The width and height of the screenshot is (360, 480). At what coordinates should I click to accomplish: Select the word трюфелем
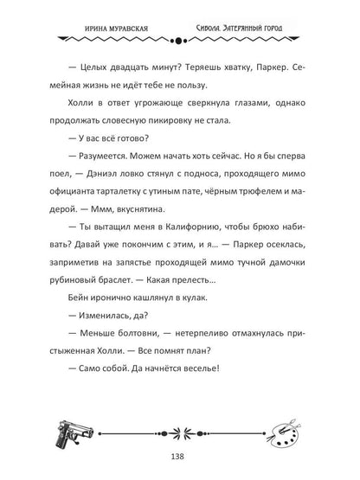click(x=280, y=202)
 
